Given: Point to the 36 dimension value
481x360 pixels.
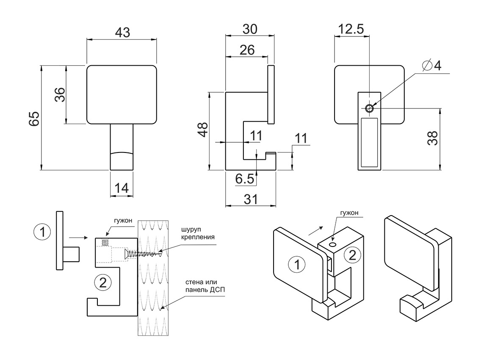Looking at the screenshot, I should point(59,94).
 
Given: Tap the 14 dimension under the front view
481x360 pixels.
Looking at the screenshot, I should point(122,188).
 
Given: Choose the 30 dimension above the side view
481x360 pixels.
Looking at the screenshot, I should point(250,29).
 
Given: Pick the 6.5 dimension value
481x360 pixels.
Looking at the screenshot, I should point(245,179).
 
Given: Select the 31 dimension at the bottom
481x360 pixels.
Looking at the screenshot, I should point(250,199).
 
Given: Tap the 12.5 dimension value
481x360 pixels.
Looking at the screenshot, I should point(351,29).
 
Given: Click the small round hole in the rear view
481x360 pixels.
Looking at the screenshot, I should point(370,108).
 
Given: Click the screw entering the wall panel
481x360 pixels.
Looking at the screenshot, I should point(144,254).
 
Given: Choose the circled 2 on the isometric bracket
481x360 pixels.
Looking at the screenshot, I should point(352,255).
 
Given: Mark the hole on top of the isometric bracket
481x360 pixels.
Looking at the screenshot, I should point(333,244).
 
